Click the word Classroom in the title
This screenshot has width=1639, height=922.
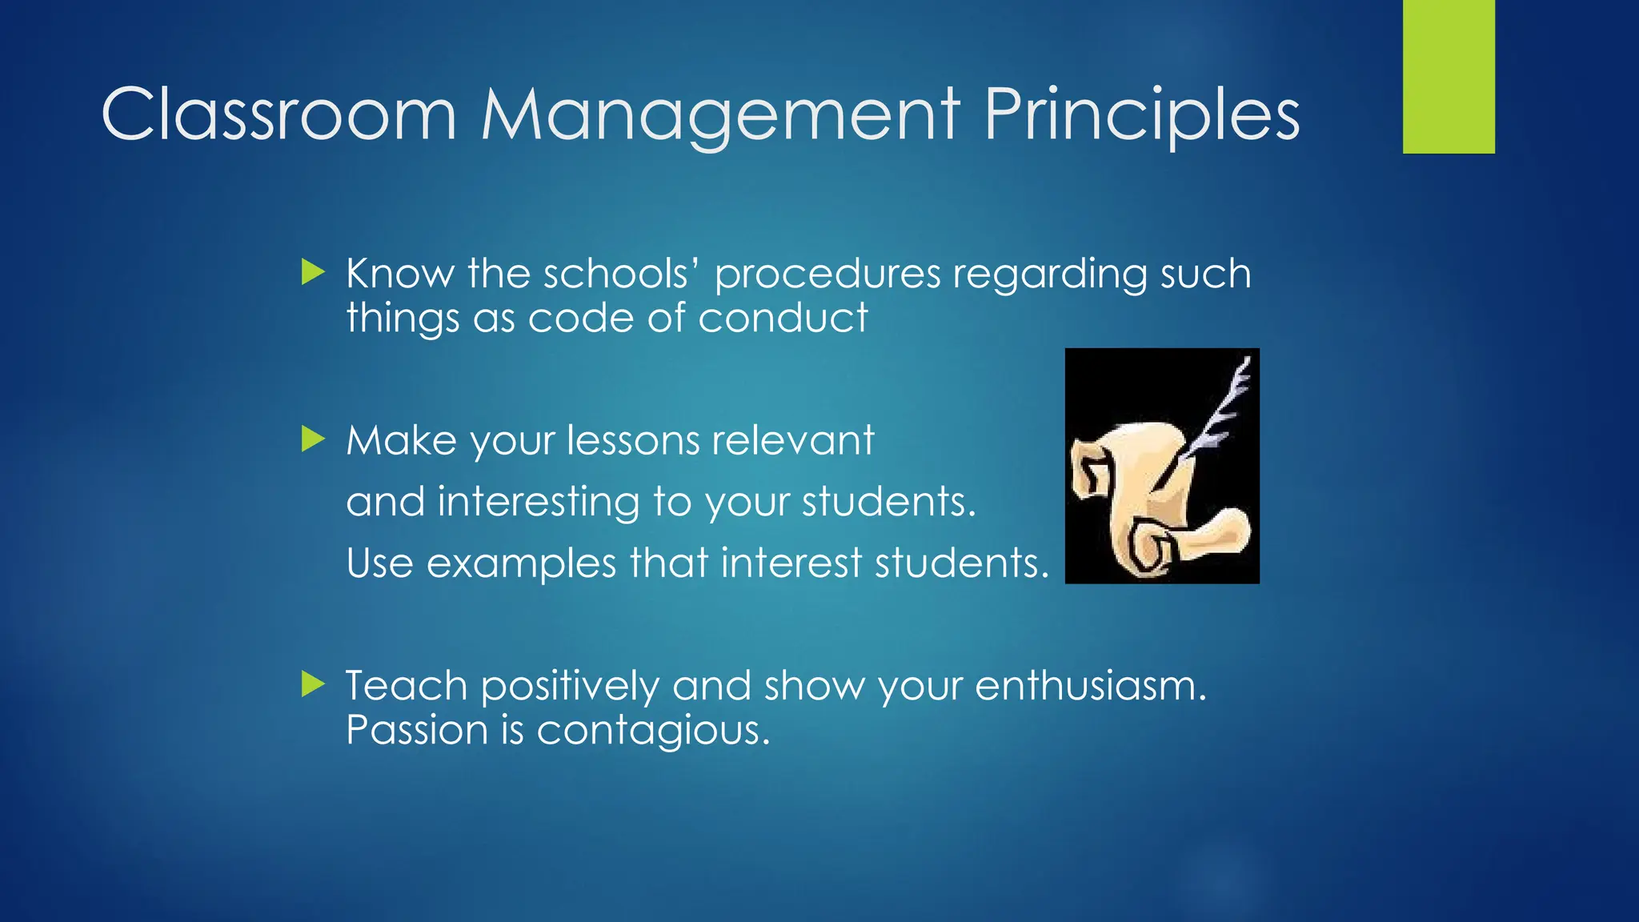(279, 115)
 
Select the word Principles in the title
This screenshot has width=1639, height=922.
(1141, 117)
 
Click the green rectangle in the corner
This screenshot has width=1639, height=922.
(1449, 76)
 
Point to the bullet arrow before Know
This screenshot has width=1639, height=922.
(313, 272)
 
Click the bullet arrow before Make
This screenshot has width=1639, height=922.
(313, 439)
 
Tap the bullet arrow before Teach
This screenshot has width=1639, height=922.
(313, 684)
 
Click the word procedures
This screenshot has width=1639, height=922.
(827, 275)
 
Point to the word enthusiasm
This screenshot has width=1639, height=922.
(1090, 687)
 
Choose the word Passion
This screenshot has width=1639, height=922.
(417, 731)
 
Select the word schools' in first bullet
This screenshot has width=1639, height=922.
(621, 274)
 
